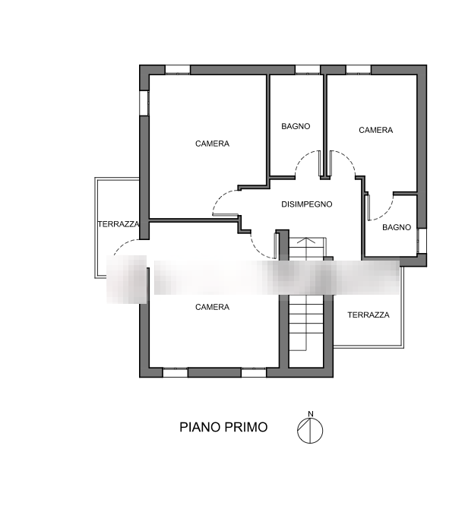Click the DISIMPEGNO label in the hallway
(x=307, y=204)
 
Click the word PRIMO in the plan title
(x=246, y=428)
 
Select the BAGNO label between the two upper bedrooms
(x=296, y=126)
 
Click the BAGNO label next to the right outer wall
(x=397, y=227)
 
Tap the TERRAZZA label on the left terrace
(x=119, y=225)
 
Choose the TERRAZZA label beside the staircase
(x=369, y=315)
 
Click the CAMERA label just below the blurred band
(x=212, y=307)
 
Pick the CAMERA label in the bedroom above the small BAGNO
(x=376, y=130)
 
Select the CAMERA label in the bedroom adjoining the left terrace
(x=212, y=144)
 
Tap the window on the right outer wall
(x=422, y=241)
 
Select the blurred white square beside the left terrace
(x=126, y=279)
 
